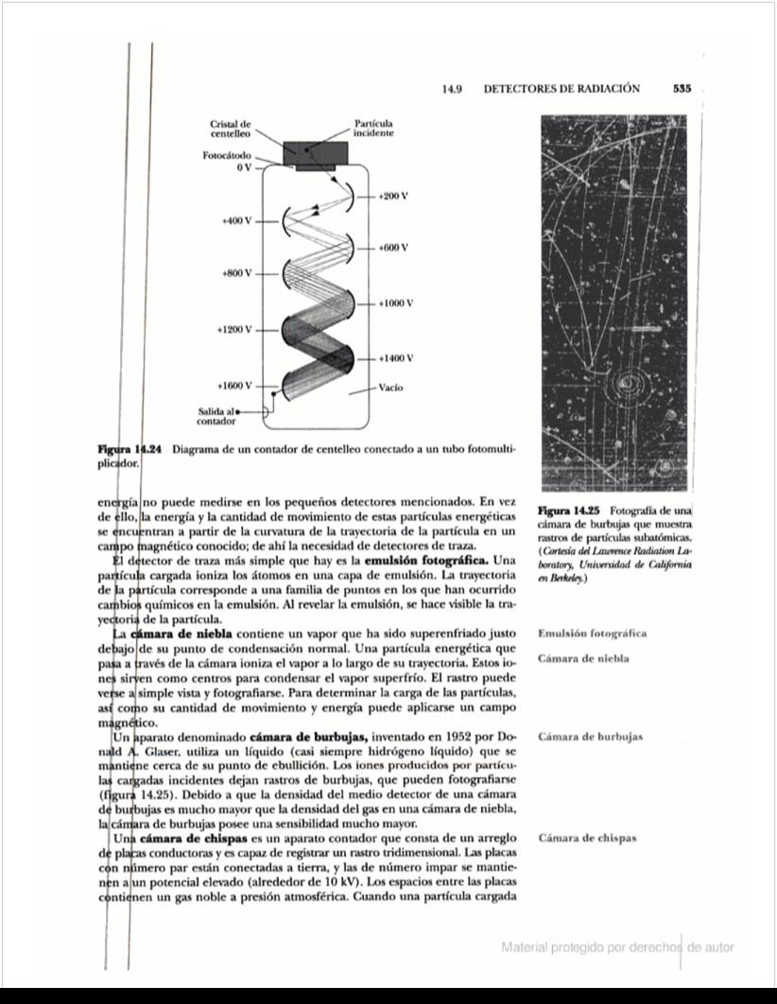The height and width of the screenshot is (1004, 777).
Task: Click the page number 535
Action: tap(682, 88)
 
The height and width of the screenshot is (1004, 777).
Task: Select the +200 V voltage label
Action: tap(391, 196)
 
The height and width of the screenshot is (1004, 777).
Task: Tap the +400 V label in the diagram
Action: tap(236, 220)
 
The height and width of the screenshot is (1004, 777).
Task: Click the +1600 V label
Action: tap(234, 386)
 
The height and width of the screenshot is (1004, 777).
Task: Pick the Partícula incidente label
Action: tap(373, 129)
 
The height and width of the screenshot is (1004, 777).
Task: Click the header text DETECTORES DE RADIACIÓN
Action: tap(561, 88)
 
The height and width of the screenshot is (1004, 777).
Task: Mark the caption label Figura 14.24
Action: tap(131, 449)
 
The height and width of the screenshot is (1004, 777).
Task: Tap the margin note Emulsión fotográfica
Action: tap(592, 633)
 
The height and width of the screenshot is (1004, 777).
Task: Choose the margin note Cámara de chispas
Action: tap(586, 838)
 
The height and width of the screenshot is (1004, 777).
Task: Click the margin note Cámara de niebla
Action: tap(583, 658)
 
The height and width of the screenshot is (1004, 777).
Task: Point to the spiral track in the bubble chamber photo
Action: tap(626, 384)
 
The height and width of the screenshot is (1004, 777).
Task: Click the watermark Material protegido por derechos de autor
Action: tap(618, 946)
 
